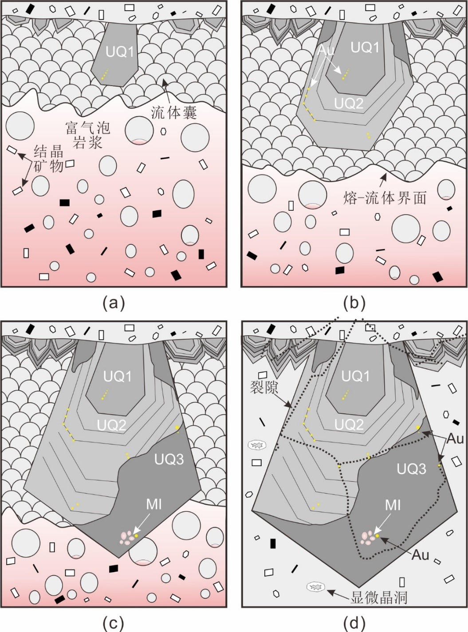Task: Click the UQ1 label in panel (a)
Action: pos(120,52)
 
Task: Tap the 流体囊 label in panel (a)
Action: pos(174,112)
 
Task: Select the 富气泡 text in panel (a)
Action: pos(87,129)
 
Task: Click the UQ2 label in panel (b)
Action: pos(349,103)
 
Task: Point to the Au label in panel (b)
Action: pos(326,50)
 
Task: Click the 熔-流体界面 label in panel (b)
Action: pos(385,198)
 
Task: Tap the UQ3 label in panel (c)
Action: pos(169,459)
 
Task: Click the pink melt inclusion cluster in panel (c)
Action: pos(128,537)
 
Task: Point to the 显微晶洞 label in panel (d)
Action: pos(379,597)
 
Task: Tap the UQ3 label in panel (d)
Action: pos(411,469)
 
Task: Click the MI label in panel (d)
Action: pos(393,505)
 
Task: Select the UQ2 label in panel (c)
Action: pos(112,425)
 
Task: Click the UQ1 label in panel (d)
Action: pos(355,376)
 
